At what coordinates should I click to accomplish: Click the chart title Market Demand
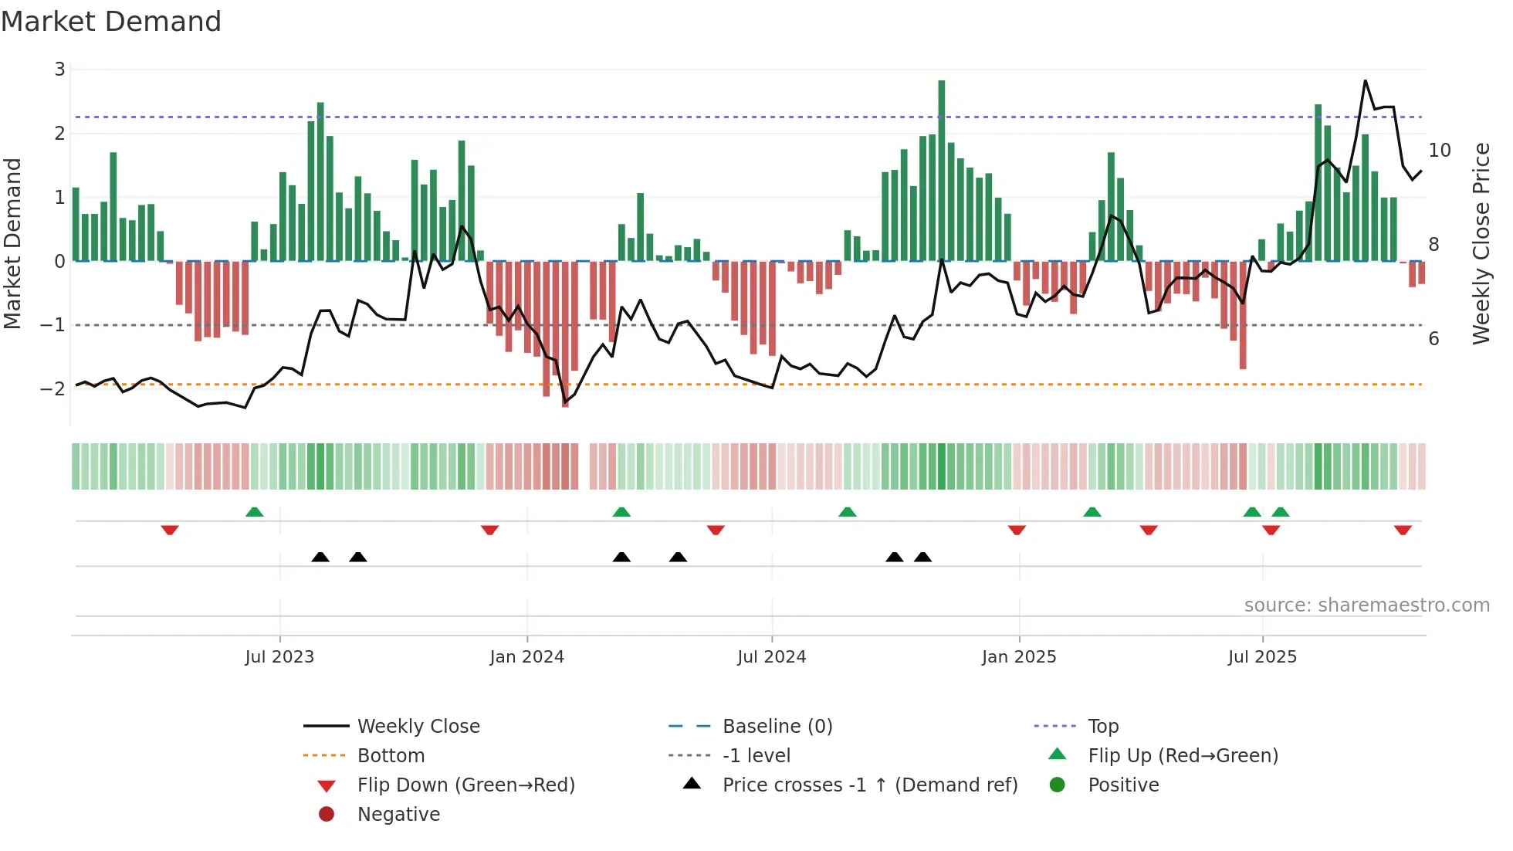pyautogui.click(x=111, y=22)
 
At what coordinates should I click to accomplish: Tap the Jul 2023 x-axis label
pyautogui.click(x=279, y=657)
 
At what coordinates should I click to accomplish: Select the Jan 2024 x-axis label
pyautogui.click(x=527, y=657)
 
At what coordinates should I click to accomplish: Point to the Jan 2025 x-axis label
pyautogui.click(x=1019, y=657)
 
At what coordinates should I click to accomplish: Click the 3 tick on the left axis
pyautogui.click(x=59, y=70)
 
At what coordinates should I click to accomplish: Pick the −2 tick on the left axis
pyautogui.click(x=53, y=388)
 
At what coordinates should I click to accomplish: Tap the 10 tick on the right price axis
pyautogui.click(x=1440, y=151)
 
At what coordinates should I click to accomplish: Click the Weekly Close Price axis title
pyautogui.click(x=1481, y=243)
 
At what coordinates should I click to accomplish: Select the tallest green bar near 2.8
pyautogui.click(x=942, y=170)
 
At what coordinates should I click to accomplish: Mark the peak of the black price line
pyautogui.click(x=1365, y=81)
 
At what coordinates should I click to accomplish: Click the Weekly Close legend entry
pyautogui.click(x=418, y=727)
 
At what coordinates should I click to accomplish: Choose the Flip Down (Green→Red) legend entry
pyautogui.click(x=465, y=785)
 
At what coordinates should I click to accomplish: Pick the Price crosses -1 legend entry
pyautogui.click(x=869, y=785)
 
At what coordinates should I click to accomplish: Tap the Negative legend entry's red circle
pyautogui.click(x=327, y=815)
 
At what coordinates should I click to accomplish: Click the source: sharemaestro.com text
pyautogui.click(x=1366, y=605)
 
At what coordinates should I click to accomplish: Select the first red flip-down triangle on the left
pyautogui.click(x=170, y=530)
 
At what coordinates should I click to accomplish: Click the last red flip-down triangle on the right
pyautogui.click(x=1403, y=530)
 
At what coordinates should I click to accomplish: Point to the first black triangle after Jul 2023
pyautogui.click(x=320, y=557)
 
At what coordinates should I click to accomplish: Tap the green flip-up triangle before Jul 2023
pyautogui.click(x=254, y=512)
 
